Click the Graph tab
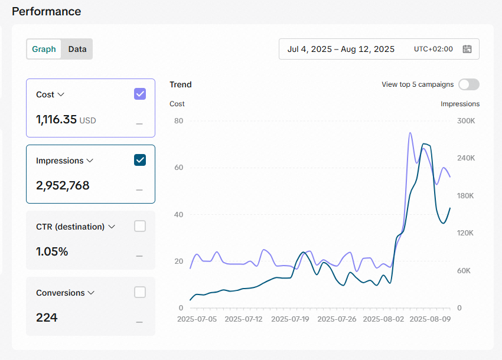(x=44, y=49)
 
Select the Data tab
(x=77, y=49)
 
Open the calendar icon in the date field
(x=467, y=49)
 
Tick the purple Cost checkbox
(x=140, y=94)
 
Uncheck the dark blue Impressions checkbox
(x=140, y=160)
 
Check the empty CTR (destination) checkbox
(x=140, y=226)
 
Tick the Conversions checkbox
(x=140, y=292)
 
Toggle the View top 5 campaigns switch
(x=469, y=84)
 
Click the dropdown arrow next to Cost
(x=61, y=94)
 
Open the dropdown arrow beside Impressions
(x=90, y=161)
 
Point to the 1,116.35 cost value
(x=56, y=119)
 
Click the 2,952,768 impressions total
(x=63, y=185)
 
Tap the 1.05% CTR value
(x=52, y=251)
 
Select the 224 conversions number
(x=47, y=318)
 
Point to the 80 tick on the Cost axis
(x=178, y=120)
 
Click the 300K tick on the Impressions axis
(x=466, y=120)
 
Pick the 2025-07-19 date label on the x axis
(x=290, y=319)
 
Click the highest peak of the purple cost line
(x=410, y=133)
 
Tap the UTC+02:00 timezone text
(x=433, y=49)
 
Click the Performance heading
(x=47, y=12)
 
